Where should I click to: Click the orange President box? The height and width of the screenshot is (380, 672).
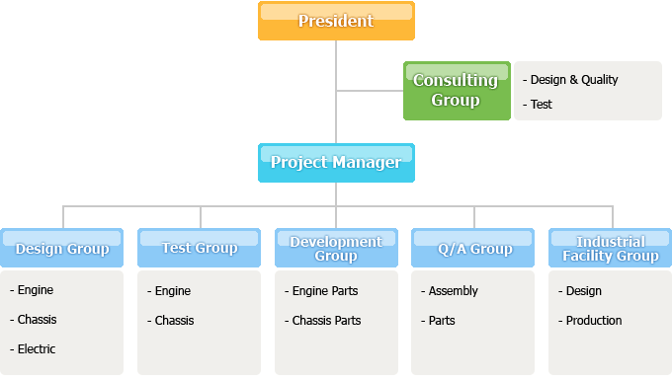(336, 21)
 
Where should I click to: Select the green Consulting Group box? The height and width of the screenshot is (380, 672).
(456, 91)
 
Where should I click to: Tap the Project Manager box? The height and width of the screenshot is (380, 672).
(336, 163)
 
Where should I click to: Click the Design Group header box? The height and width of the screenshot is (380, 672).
(62, 248)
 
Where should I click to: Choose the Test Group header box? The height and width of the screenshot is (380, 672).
(200, 248)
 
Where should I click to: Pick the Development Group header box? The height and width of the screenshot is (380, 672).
(336, 248)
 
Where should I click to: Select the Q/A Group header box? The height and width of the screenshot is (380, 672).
(474, 248)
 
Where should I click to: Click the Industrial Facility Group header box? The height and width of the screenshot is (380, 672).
(611, 248)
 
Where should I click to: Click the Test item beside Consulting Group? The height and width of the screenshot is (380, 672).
(541, 104)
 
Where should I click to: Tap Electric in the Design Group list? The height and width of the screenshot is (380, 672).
(37, 348)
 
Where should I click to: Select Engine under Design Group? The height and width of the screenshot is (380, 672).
(36, 290)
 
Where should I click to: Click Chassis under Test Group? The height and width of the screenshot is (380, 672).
(174, 320)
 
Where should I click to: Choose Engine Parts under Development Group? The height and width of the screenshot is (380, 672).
(325, 290)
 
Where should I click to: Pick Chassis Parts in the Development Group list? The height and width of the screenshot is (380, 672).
(327, 320)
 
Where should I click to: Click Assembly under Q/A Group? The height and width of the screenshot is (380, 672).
(453, 290)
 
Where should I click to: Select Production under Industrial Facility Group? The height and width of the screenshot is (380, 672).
(594, 320)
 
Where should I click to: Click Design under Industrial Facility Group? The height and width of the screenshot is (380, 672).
(583, 290)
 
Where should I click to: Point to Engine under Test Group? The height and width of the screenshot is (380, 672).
(172, 290)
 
